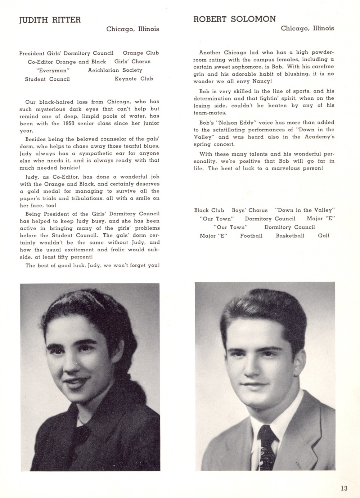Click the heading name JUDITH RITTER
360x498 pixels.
coord(50,20)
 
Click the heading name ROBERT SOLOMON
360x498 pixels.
coord(235,19)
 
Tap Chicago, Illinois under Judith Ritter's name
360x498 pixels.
coord(132,29)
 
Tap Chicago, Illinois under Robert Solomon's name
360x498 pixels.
coord(307,28)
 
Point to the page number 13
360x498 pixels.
coord(344,488)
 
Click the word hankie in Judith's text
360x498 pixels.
coord(68,168)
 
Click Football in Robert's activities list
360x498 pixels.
coord(251,236)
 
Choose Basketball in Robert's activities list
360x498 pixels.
coord(290,236)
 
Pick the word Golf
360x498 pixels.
coord(324,236)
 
